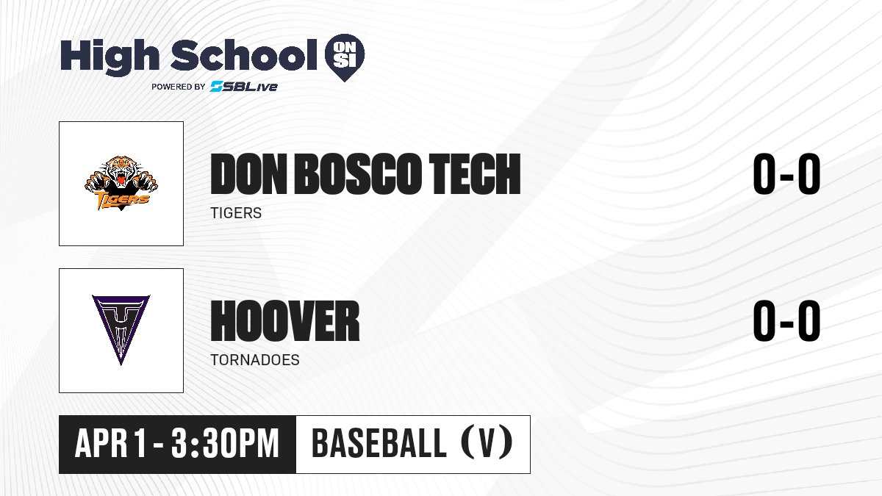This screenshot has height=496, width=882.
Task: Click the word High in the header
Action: click(x=110, y=56)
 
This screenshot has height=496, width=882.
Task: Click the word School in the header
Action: click(x=244, y=54)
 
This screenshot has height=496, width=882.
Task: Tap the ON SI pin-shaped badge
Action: click(x=345, y=57)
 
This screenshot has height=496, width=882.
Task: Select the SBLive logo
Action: click(x=244, y=86)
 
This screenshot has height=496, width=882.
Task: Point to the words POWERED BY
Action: click(x=179, y=87)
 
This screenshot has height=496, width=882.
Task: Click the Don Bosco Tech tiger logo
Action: click(x=121, y=183)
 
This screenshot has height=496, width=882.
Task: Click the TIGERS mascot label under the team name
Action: click(x=236, y=213)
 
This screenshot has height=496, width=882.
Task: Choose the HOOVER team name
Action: click(x=285, y=321)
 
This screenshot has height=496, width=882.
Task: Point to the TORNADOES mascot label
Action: click(x=255, y=360)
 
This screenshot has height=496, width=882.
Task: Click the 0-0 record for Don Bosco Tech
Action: click(x=786, y=173)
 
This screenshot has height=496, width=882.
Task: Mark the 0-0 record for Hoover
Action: click(x=786, y=320)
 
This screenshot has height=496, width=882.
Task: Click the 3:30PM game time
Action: click(x=225, y=444)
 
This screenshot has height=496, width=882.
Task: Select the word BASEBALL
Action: click(x=379, y=444)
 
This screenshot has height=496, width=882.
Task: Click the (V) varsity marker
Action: click(x=487, y=444)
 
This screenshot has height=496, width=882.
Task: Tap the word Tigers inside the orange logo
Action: click(x=122, y=199)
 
